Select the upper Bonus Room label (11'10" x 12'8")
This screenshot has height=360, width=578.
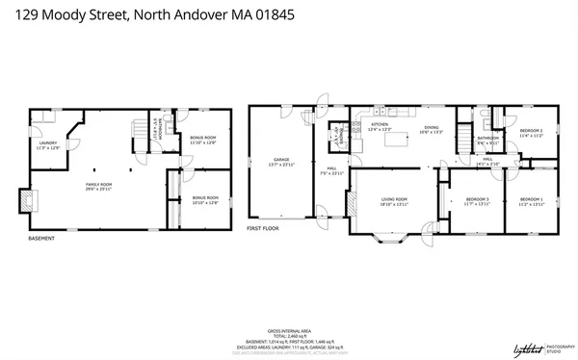[203, 141]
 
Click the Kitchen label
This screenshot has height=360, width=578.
[381, 127]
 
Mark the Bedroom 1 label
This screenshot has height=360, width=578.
[531, 201]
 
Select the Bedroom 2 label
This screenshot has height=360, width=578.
[531, 133]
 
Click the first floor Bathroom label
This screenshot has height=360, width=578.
[488, 141]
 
